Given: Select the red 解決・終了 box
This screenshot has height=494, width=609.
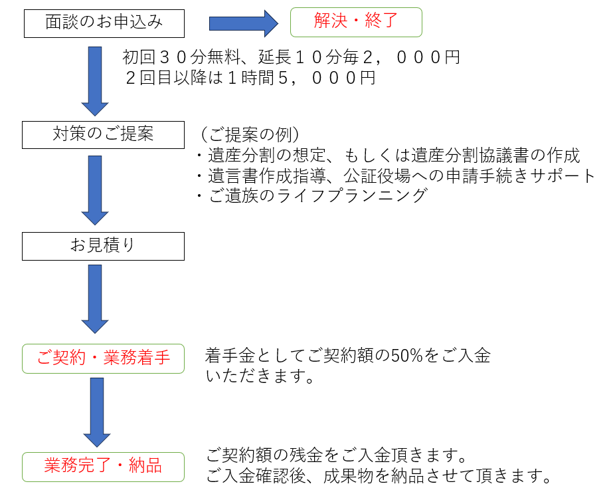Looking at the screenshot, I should point(356,22).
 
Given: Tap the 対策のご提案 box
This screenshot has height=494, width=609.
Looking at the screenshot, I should point(103,134).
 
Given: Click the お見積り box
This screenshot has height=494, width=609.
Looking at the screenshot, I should point(103,245).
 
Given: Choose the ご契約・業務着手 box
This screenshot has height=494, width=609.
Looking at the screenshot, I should point(103,359).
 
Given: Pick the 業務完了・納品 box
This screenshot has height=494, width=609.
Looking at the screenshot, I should point(103,466).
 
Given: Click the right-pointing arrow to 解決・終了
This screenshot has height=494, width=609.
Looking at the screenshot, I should point(242,23).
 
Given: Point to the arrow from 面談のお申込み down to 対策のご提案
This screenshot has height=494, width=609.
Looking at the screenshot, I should point(95,80).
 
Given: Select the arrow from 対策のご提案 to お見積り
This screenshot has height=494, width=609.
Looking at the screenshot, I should point(95,189).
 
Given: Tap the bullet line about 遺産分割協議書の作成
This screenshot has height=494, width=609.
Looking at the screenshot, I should point(389,156).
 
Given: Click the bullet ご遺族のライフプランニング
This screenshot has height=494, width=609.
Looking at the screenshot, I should point(311,196).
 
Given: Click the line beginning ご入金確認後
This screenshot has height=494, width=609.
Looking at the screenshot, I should point(379,477).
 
